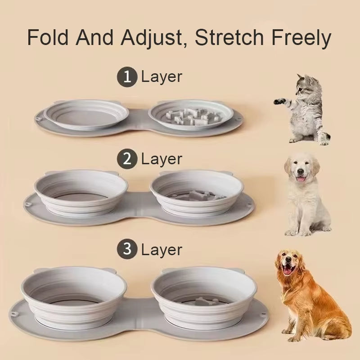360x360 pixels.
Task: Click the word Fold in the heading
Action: tap(48, 37)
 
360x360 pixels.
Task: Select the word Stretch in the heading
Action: tap(229, 37)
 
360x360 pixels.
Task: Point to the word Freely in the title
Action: tap(301, 38)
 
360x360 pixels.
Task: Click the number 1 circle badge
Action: tap(127, 76)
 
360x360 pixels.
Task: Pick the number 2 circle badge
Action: tap(127, 159)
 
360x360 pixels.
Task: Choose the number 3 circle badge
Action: tap(127, 249)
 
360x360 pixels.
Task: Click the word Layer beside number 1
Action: tap(162, 77)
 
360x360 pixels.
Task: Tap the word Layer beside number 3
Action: tap(162, 250)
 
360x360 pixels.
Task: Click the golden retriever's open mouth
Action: tap(288, 269)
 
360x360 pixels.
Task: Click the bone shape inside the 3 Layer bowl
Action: tap(203, 301)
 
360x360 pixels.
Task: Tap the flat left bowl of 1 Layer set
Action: tap(86, 115)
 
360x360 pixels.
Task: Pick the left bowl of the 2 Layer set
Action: tap(81, 193)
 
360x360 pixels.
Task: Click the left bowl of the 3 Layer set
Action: tap(74, 297)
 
